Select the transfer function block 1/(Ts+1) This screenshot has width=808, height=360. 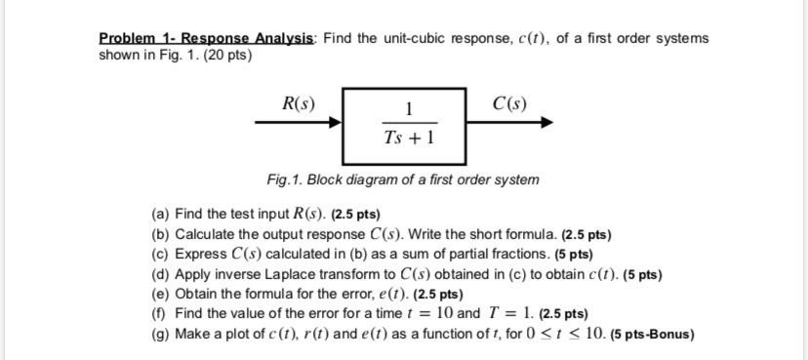point(404,126)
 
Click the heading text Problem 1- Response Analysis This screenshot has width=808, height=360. point(207,38)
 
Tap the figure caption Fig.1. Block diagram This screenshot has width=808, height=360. point(403,180)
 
